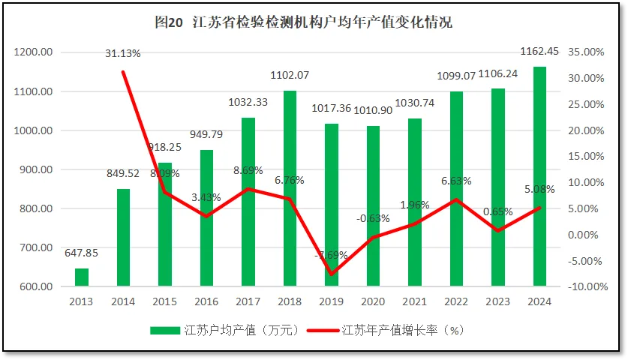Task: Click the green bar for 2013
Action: point(82,277)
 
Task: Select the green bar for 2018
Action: point(290,187)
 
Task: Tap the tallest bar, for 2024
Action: point(539,176)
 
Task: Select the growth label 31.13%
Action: point(123,53)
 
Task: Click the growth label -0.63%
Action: point(373,218)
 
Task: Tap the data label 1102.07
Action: point(290,75)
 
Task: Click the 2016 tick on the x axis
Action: point(206,301)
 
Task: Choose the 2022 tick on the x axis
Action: point(456,301)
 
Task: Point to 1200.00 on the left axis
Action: point(32,52)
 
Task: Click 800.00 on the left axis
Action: point(35,208)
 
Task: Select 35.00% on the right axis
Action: point(587,52)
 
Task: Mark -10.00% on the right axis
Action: point(586,286)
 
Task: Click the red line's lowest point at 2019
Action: point(331,274)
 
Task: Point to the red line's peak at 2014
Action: point(123,72)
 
